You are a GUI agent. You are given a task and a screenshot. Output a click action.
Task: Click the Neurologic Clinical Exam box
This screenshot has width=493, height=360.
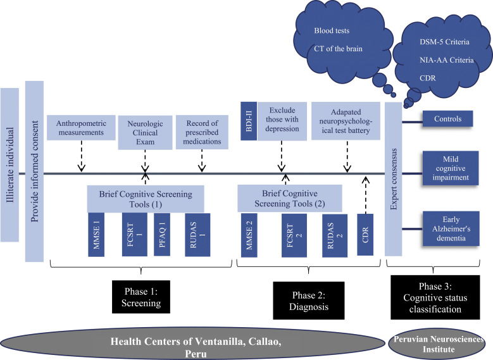145,132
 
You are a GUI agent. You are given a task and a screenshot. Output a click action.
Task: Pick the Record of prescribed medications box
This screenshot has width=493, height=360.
201,132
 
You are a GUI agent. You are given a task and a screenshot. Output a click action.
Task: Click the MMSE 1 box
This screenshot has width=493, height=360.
98,235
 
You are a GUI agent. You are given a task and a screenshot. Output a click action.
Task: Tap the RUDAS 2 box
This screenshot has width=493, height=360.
334,235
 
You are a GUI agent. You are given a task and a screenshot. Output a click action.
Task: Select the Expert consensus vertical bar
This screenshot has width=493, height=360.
393,180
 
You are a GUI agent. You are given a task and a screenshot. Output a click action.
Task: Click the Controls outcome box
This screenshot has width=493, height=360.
447,118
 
